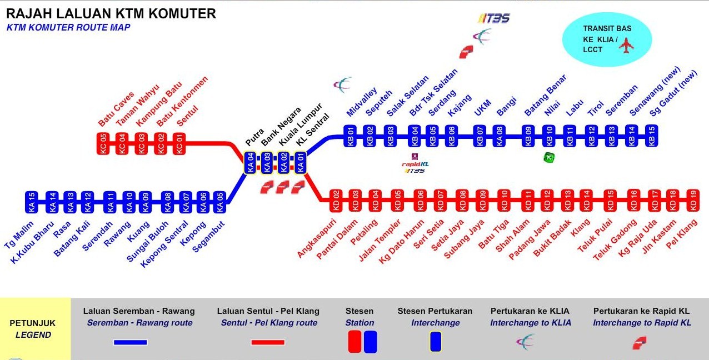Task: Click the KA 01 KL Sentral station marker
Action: [x=301, y=163]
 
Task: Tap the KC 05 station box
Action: [x=103, y=143]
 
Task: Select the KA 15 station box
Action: [x=32, y=202]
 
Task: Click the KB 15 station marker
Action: [x=652, y=136]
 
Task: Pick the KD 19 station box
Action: [x=693, y=200]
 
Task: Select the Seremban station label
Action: [x=619, y=103]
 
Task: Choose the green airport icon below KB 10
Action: [x=549, y=157]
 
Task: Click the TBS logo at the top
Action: [x=493, y=18]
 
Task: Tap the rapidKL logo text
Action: [x=415, y=164]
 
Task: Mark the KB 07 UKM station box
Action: [x=479, y=136]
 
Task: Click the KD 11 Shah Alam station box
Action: [x=528, y=200]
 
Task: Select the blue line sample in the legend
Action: [x=131, y=342]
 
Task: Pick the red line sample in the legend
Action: [x=268, y=342]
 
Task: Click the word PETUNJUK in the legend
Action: [x=32, y=323]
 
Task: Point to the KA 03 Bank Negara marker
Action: [x=267, y=163]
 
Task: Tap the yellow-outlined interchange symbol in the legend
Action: [x=436, y=342]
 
